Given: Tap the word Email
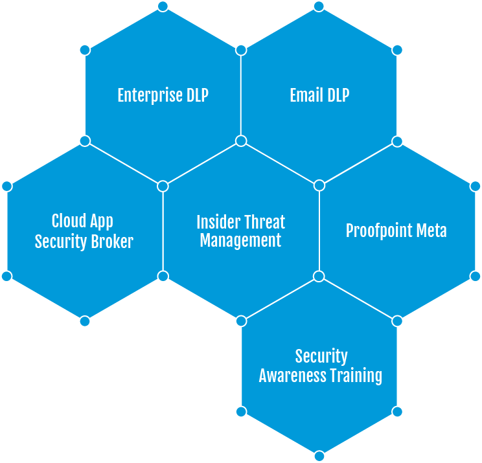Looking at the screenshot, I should click(x=305, y=96).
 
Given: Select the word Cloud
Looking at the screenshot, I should click(x=68, y=221).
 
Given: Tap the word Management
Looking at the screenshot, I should click(x=241, y=241).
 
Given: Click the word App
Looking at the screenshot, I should click(x=100, y=221).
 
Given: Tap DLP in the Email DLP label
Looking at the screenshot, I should click(x=336, y=96).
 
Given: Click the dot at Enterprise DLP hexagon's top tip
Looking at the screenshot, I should click(x=163, y=6).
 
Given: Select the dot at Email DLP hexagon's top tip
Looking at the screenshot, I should click(x=319, y=6).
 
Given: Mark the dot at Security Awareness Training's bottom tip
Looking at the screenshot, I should click(x=319, y=456).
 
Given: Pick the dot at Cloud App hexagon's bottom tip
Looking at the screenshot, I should click(x=84, y=321).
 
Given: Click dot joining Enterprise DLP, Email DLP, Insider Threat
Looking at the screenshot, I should click(x=241, y=141).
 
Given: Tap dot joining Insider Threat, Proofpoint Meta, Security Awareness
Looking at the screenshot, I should click(x=319, y=277).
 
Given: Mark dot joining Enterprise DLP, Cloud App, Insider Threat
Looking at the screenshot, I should click(x=163, y=186).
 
